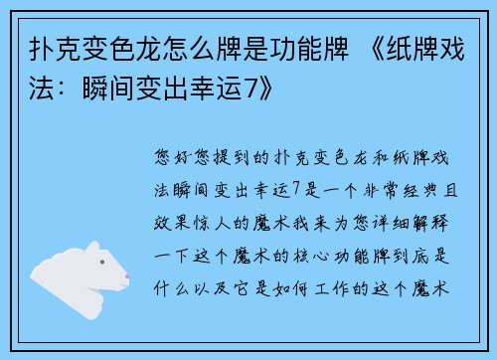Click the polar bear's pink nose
point(126,273)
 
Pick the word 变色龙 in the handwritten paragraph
point(296,156)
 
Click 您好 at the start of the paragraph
point(168,156)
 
